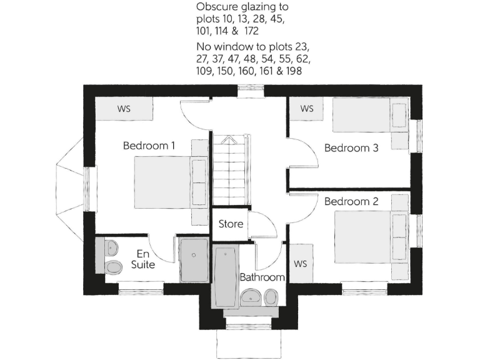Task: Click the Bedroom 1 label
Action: click(x=149, y=146)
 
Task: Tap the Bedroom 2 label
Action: click(x=351, y=202)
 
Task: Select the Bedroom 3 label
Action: click(x=351, y=148)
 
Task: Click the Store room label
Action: click(x=230, y=224)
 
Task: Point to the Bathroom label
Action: click(x=262, y=277)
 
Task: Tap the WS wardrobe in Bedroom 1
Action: click(x=124, y=109)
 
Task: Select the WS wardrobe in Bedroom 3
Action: click(x=307, y=109)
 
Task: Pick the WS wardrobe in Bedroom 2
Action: click(x=301, y=263)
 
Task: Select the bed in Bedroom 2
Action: click(x=369, y=236)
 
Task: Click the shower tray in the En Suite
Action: click(x=195, y=258)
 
